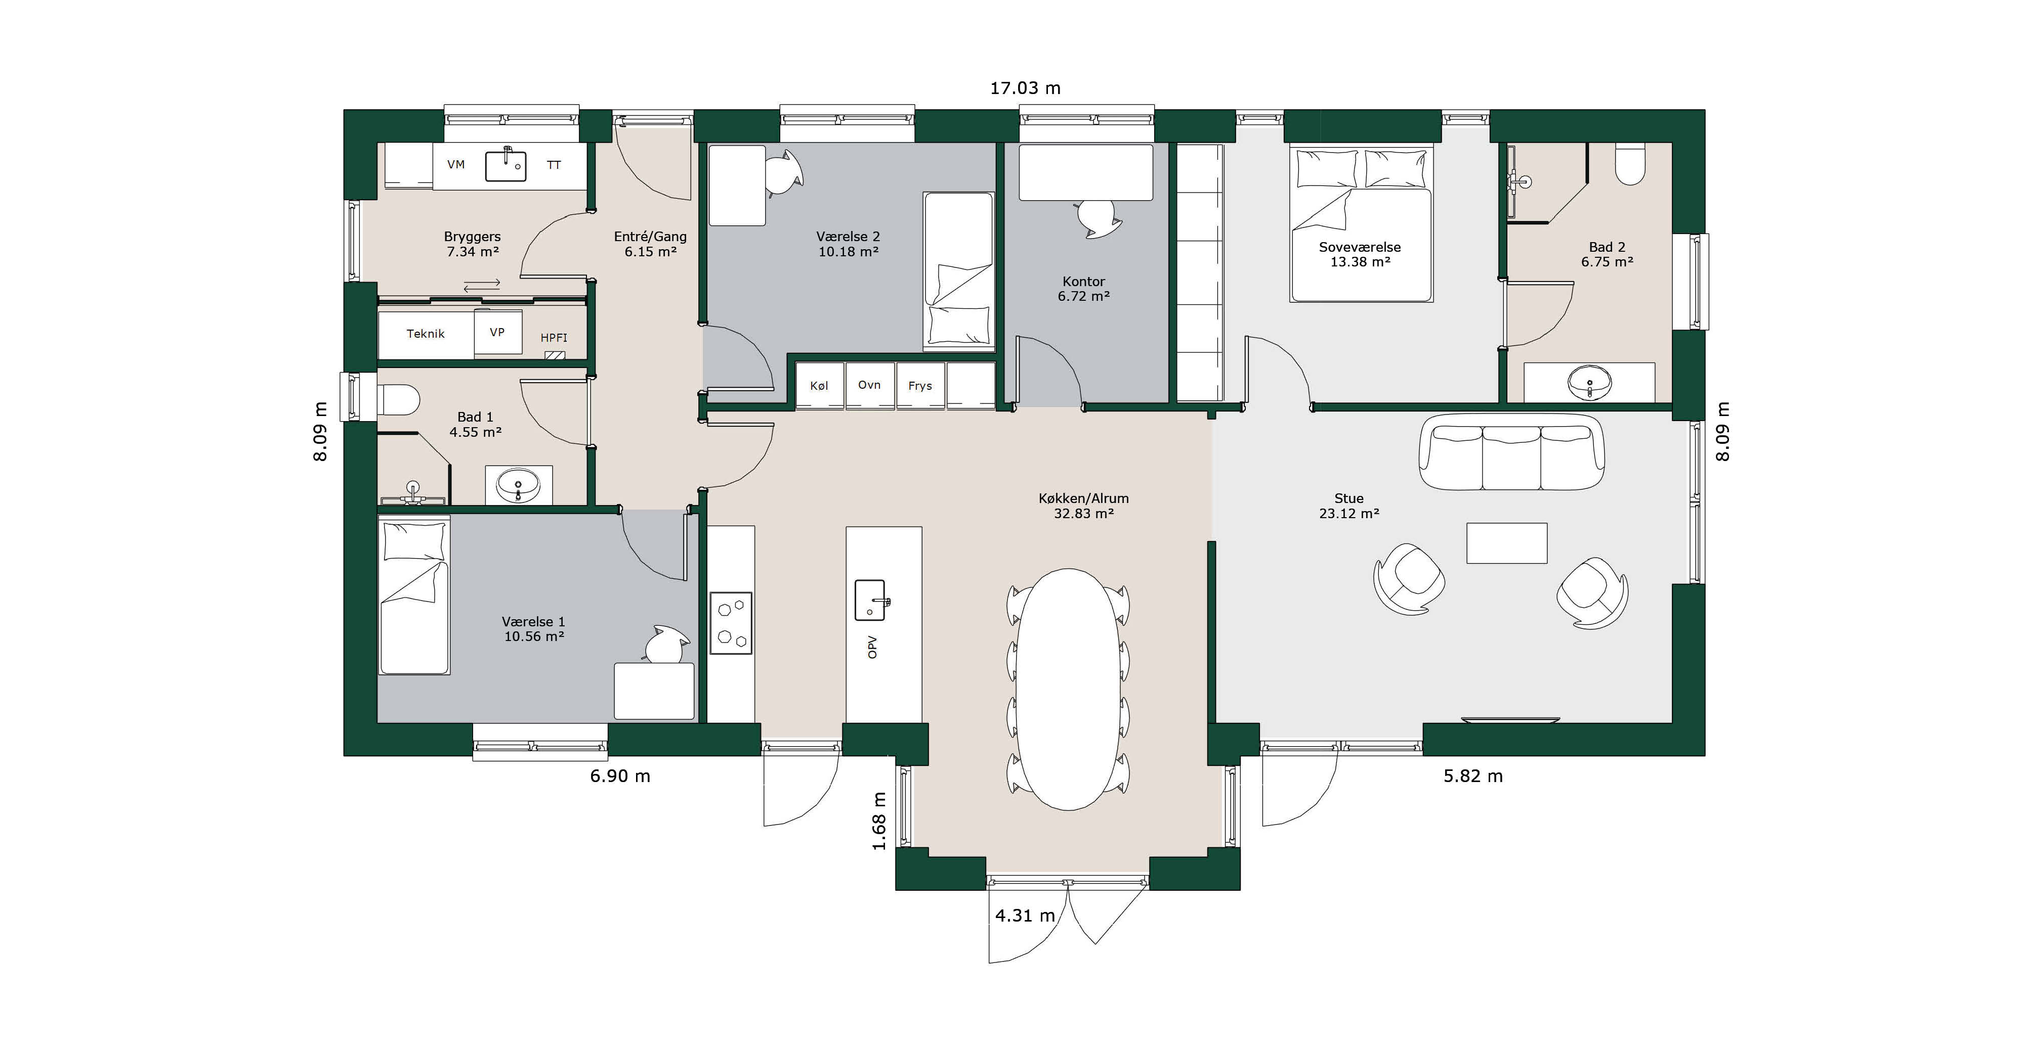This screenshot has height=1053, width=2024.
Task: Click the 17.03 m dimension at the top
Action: coord(1025,88)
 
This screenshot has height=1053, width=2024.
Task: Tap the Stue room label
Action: coord(1348,498)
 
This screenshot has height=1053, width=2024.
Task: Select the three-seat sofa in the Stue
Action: coord(1511,453)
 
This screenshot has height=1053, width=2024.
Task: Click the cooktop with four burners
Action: coord(731,623)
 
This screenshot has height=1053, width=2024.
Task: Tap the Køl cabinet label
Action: coord(819,386)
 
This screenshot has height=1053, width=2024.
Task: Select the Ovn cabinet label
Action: coord(869,385)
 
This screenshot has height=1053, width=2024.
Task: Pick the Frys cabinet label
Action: coord(919,386)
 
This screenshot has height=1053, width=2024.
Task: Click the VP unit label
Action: coord(496,332)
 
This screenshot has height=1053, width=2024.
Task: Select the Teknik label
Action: coord(425,334)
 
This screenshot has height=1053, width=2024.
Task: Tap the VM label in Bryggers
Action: coord(456,165)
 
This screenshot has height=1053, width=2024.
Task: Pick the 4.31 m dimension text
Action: coord(1025,915)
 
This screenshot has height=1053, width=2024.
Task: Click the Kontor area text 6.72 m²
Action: coord(1083,296)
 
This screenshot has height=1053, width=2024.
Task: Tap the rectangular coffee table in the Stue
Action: coord(1506,543)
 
